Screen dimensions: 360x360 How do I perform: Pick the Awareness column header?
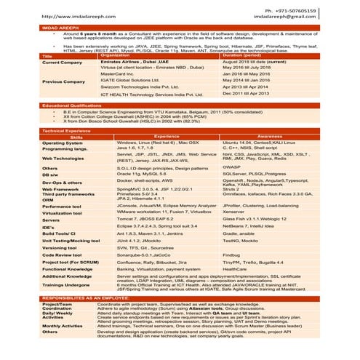270,137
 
